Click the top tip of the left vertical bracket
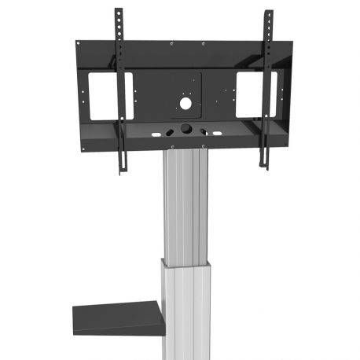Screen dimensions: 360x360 coord(119,10)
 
